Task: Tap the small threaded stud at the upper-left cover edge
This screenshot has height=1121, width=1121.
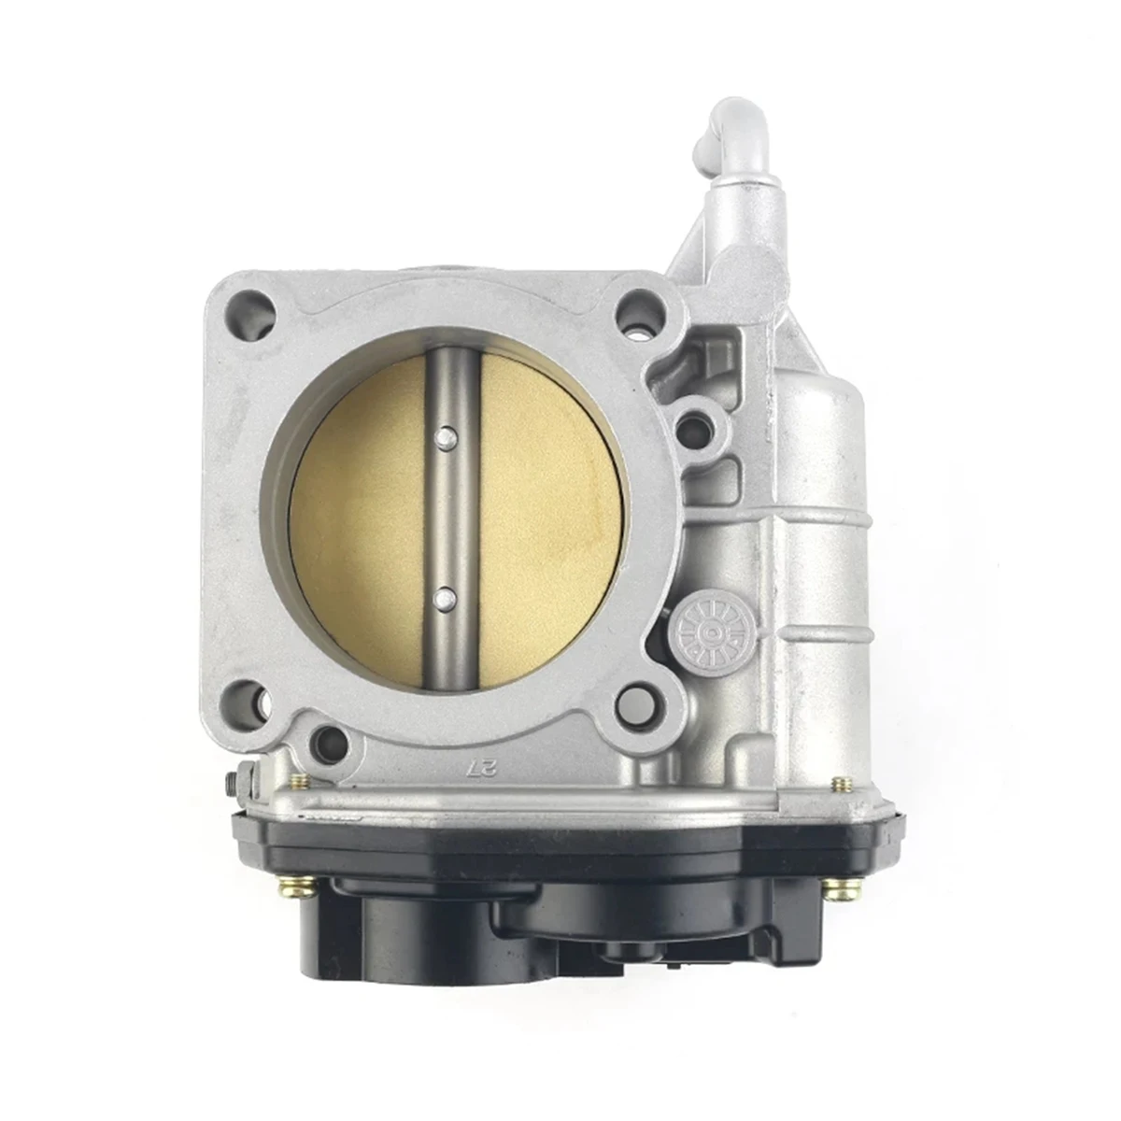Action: pyautogui.click(x=299, y=782)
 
